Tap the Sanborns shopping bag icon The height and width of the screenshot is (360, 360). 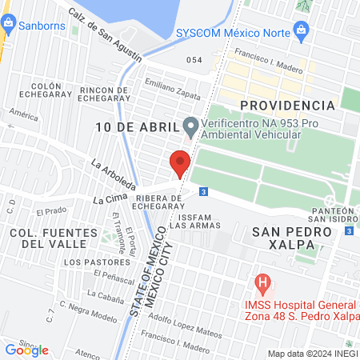coord(6,24)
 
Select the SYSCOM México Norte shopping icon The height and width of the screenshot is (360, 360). coord(302,30)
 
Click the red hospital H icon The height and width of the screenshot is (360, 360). coord(262,283)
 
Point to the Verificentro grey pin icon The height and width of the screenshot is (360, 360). coord(190,126)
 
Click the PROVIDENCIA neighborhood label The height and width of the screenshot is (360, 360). coord(287,105)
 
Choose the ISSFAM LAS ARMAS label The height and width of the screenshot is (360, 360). coord(195,221)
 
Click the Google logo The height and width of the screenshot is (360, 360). coord(26,350)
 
